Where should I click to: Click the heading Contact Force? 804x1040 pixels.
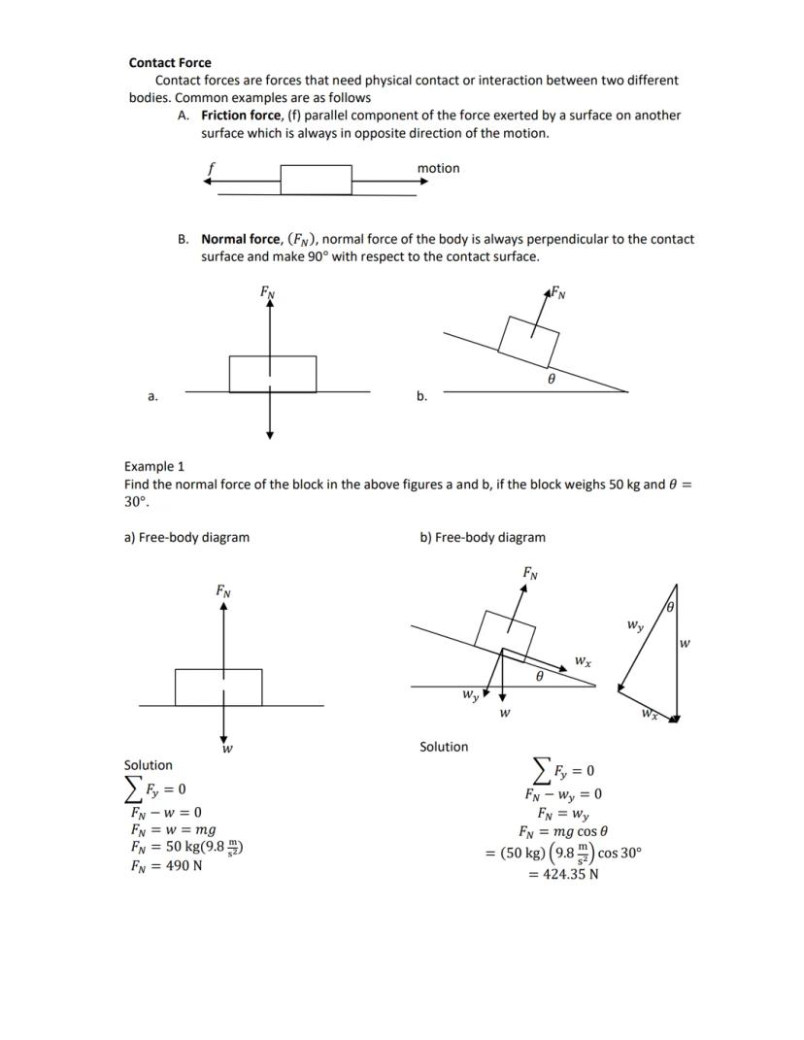pos(170,62)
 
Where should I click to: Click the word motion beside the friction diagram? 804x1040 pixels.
pos(438,168)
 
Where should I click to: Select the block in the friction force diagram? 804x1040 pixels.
pos(316,180)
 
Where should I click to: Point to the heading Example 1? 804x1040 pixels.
pos(154,466)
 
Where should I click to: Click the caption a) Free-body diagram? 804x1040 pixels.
pos(186,537)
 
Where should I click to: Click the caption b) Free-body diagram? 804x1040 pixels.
pos(483,537)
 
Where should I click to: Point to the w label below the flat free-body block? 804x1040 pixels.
pos(226,749)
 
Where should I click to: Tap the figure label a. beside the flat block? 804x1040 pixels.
pos(152,396)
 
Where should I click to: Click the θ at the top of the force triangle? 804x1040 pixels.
pos(669,608)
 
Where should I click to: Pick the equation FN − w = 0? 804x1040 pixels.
pos(166,812)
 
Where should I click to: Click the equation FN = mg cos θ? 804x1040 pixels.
pos(563,831)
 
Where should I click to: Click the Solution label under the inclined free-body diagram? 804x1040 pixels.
pos(444,747)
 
